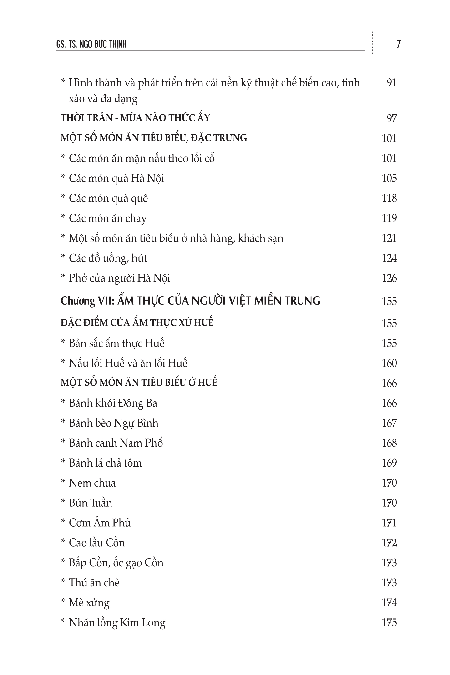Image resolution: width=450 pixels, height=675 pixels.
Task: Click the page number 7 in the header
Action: [x=398, y=44]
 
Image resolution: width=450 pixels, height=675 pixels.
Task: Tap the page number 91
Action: [x=391, y=83]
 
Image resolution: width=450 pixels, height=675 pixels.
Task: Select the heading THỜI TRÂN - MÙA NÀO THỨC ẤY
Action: [x=135, y=118]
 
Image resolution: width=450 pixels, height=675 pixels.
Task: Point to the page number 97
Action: [x=391, y=118]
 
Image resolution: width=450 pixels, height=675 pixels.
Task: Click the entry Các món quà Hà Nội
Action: [x=116, y=178]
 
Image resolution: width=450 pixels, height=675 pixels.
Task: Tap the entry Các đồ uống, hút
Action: [x=108, y=258]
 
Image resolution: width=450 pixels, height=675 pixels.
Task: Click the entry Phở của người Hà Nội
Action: [x=119, y=278]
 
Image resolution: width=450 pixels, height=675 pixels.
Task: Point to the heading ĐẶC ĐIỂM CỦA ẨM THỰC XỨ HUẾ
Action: [x=137, y=323]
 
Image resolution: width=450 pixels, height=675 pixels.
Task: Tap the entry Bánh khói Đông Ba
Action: [x=113, y=403]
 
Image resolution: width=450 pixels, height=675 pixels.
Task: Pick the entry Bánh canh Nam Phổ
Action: [x=116, y=443]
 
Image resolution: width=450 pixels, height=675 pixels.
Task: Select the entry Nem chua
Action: [x=92, y=483]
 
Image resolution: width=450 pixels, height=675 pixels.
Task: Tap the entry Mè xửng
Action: [x=89, y=603]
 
